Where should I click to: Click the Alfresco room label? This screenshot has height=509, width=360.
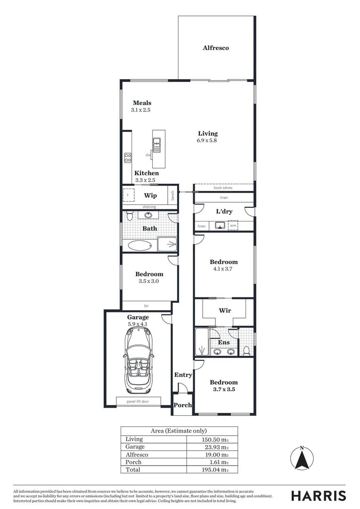216,48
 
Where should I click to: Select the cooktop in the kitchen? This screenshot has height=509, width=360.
127,158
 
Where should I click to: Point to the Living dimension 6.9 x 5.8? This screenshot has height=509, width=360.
207,140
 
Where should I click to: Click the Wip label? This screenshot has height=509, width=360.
150,196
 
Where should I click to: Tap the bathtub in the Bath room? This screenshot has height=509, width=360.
140,245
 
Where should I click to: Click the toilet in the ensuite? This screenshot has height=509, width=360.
246,350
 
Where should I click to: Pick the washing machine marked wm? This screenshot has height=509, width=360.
232,226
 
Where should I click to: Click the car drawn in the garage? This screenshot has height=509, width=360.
139,361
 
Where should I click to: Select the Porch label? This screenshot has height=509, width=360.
183,405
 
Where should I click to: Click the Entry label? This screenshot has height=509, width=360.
183,375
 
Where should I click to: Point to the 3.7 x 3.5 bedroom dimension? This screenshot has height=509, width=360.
224,390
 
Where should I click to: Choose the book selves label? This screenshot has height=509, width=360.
223,188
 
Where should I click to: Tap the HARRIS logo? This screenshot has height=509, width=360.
318,496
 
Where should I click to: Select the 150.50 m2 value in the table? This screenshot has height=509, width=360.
215,439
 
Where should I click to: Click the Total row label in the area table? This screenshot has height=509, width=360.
133,470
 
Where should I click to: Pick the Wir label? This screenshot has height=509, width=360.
224,311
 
